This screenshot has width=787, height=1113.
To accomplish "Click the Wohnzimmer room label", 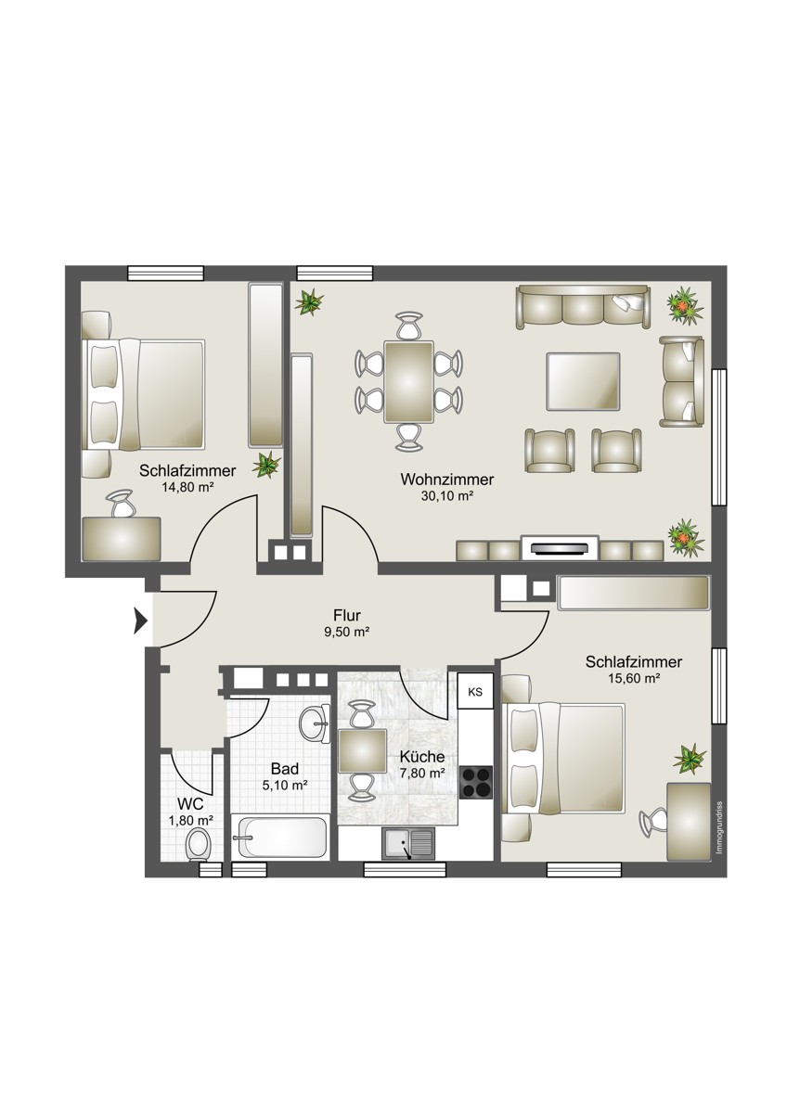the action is click(x=447, y=480).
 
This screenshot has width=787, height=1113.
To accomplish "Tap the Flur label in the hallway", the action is click(x=347, y=616).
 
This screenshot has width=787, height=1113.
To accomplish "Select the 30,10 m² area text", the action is click(x=447, y=496).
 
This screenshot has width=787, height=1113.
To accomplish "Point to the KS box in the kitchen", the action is click(x=476, y=692).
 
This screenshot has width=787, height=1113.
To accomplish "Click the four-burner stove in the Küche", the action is click(x=476, y=783).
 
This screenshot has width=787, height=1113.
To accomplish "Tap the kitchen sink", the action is click(x=408, y=844).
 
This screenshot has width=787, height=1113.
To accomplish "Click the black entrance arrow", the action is click(x=141, y=621).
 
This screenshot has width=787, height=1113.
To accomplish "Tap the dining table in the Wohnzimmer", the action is click(x=408, y=382).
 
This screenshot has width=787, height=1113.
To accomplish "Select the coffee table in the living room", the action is click(x=583, y=381).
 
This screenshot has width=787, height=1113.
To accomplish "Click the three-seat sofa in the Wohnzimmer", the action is click(x=583, y=307).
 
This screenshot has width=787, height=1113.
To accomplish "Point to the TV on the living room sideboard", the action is click(x=561, y=549).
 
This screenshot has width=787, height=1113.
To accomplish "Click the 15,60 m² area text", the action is click(x=634, y=678).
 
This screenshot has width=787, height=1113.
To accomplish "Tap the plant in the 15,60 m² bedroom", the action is click(x=690, y=760).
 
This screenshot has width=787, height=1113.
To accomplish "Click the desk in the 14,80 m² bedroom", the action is click(x=122, y=539).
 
